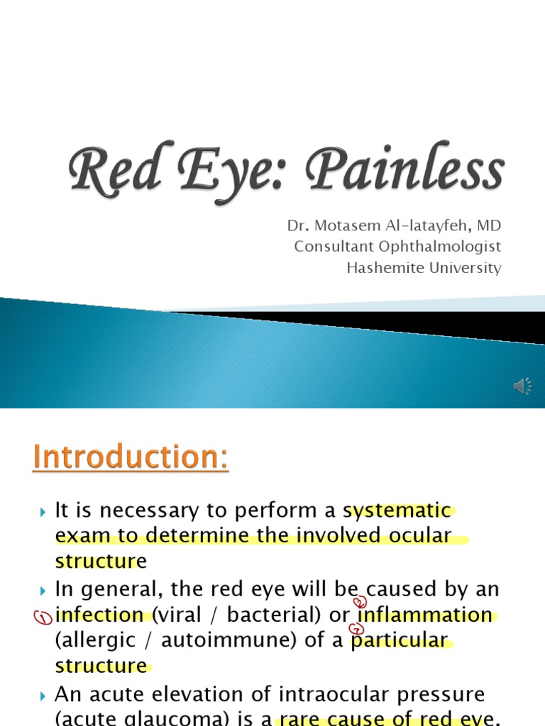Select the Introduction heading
tap(131, 457)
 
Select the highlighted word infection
tap(99, 614)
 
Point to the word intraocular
tap(322, 693)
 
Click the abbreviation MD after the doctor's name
tap(488, 225)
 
